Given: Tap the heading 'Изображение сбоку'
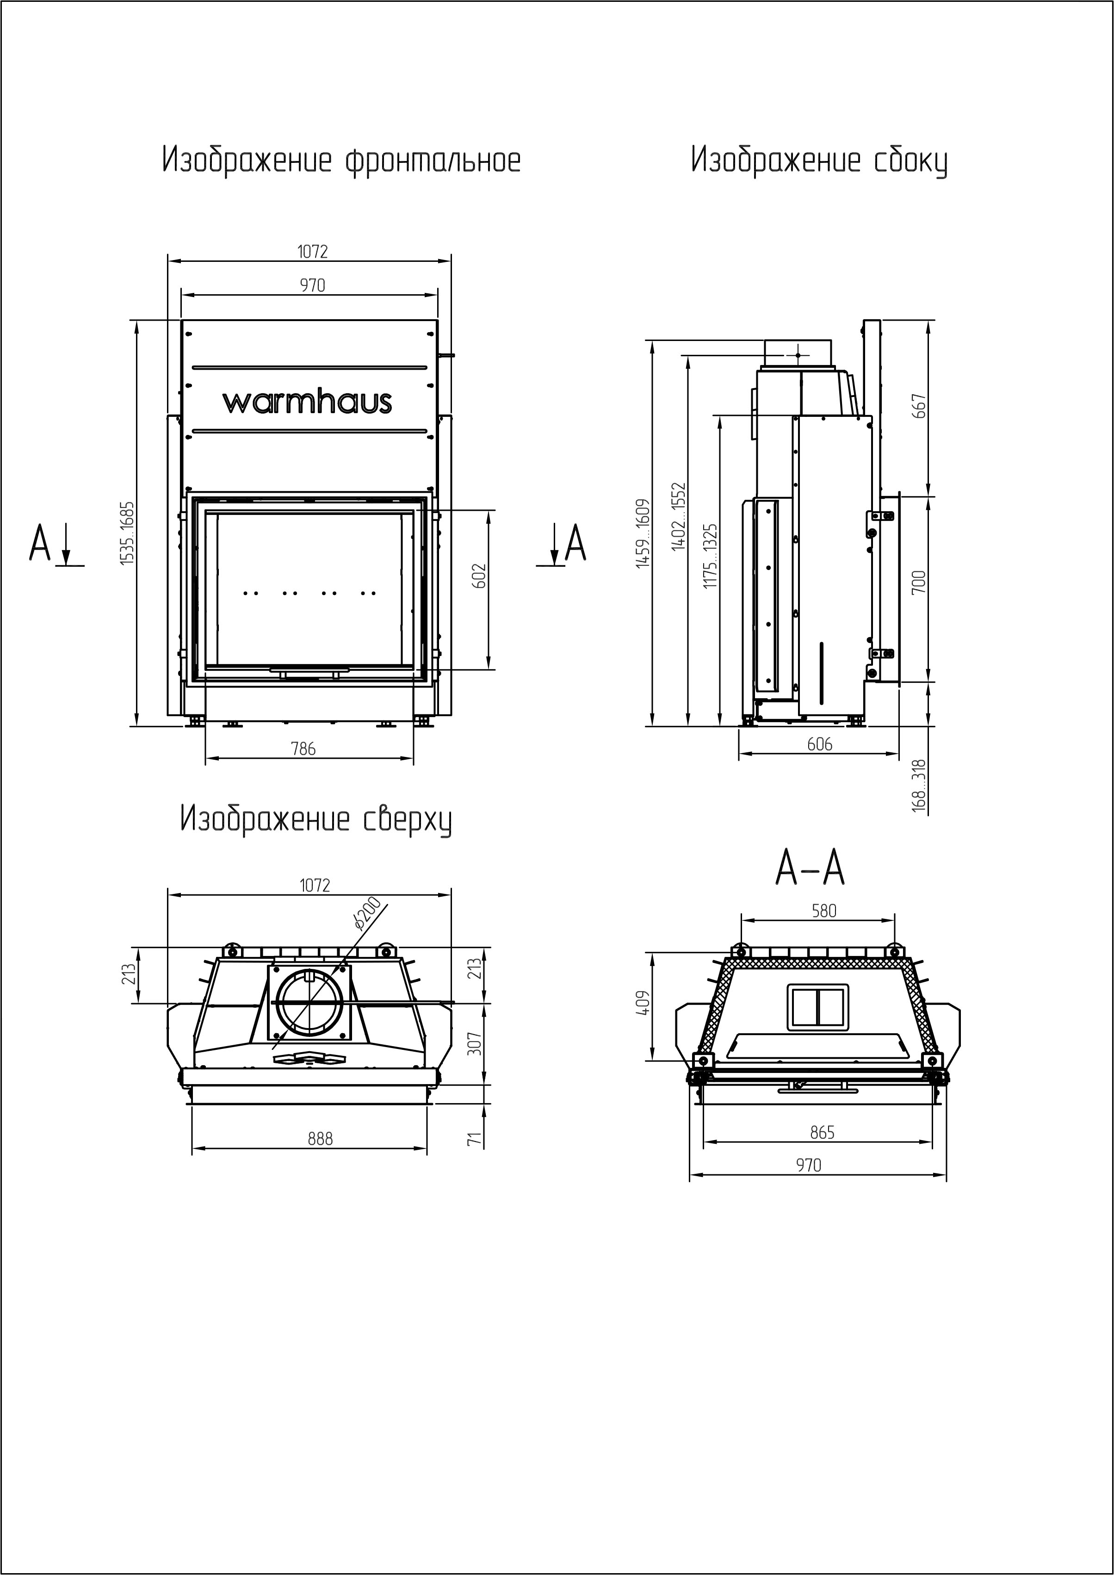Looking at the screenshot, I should pyautogui.click(x=819, y=161).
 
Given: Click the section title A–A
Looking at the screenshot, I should pyautogui.click(x=810, y=868).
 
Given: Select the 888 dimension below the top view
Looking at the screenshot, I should pyautogui.click(x=320, y=1139).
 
